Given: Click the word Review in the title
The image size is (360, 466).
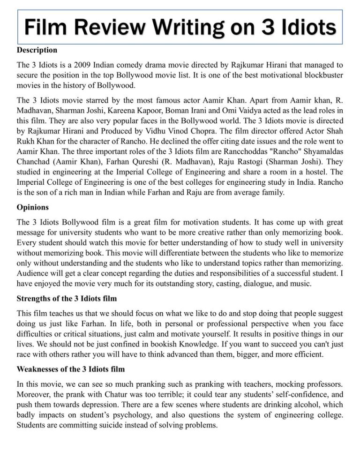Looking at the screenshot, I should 111,28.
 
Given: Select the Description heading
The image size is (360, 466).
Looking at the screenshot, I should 37,50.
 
